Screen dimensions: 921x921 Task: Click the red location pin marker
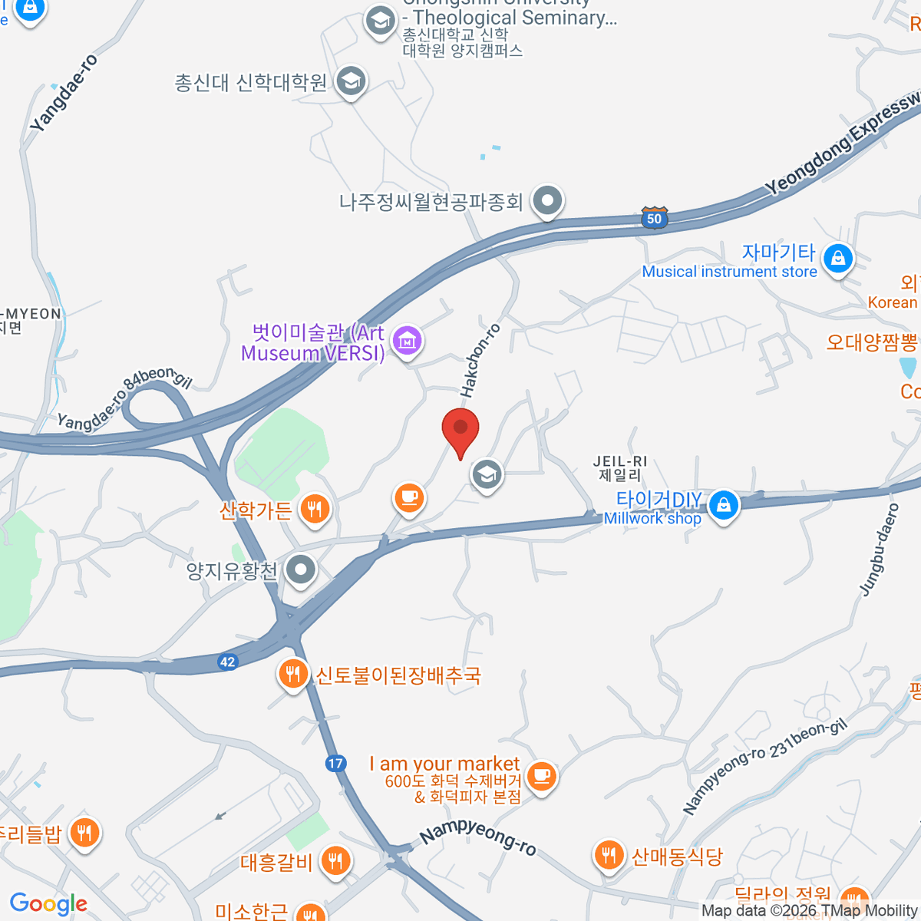460,430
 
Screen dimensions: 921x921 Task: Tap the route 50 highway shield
654,217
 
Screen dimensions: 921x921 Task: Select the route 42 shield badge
227,662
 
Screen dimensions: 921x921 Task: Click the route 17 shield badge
335,763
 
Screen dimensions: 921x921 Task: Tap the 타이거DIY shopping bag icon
723,504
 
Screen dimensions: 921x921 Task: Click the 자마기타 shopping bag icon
837,258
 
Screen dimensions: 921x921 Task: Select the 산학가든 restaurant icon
314,508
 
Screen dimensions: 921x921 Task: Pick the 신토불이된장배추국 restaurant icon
292,674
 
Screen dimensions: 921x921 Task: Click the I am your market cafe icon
542,775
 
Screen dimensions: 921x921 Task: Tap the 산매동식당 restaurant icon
609,854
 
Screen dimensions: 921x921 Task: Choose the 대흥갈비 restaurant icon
335,860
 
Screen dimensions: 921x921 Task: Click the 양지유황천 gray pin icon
301,570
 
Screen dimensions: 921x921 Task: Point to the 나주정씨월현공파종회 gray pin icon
547,200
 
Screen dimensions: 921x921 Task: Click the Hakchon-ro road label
480,361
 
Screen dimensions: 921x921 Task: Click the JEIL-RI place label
620,467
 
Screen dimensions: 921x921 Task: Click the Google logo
48,904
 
